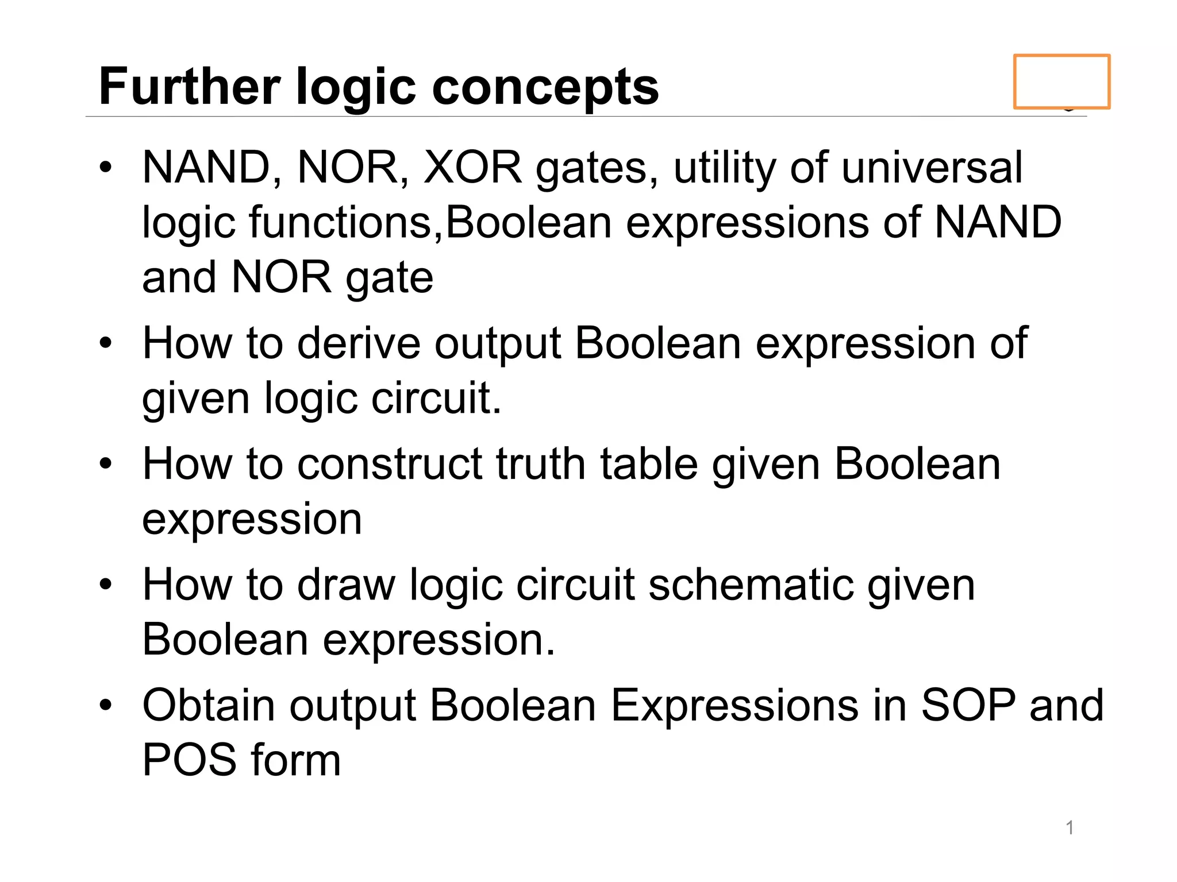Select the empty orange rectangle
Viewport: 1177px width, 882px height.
(1061, 82)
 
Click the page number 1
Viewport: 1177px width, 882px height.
(1070, 827)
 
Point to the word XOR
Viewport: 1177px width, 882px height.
(472, 167)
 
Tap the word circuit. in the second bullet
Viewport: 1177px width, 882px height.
(436, 398)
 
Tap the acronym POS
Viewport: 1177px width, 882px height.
(190, 760)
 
